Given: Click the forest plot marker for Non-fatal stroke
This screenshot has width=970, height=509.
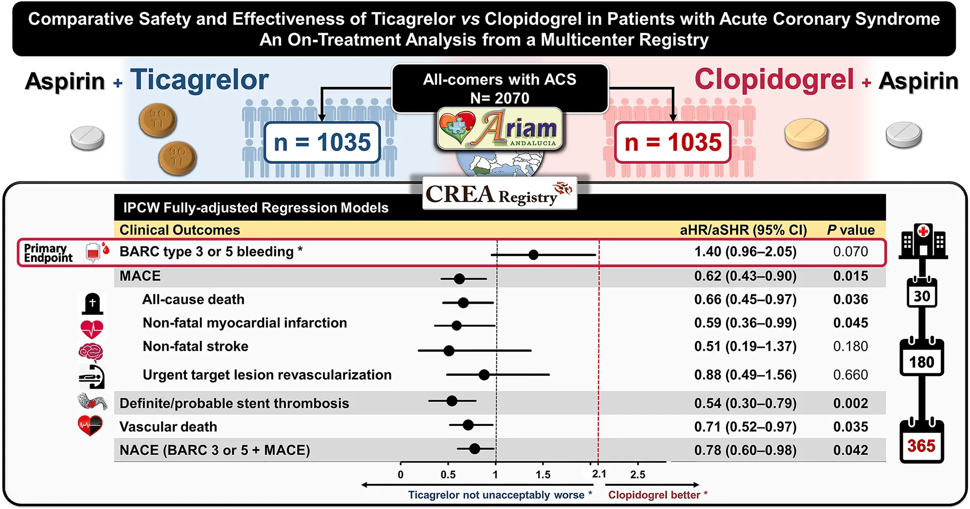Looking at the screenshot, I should point(449,351).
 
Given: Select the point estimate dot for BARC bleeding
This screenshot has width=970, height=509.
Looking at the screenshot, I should point(533,254).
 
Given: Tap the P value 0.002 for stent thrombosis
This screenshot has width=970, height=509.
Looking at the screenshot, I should point(850,403).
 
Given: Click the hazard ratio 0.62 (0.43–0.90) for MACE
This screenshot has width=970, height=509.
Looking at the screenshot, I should point(745,276).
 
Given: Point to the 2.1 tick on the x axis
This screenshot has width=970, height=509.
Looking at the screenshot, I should point(599,474).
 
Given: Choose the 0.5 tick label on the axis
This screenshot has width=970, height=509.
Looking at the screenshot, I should point(448,475).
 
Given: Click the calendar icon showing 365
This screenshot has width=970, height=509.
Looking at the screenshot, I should point(921,441).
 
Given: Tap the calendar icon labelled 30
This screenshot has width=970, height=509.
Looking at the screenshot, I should point(922,293).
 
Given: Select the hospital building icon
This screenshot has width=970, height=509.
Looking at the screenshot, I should point(923,241).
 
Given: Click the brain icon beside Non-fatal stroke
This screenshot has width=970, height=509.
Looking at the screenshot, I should point(91,353).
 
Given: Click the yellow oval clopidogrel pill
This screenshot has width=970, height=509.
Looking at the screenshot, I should point(806,134).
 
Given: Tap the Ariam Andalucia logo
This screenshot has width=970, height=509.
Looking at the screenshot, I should point(500,128).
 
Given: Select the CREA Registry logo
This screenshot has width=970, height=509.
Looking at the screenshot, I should point(499,194).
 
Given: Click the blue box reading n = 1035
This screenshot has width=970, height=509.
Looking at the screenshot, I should point(322,142).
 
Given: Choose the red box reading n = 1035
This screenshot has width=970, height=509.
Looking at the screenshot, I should point(672,142).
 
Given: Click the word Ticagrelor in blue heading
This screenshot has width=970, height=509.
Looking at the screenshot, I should point(199,80).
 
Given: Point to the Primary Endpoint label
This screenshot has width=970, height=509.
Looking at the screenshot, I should point(48,253).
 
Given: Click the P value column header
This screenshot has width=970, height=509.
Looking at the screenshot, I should point(850,230).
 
